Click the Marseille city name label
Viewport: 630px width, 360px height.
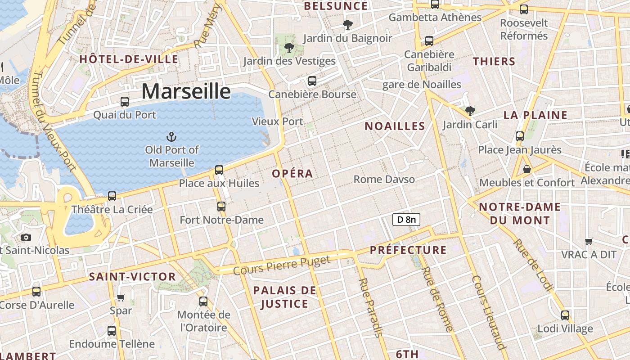pos(186,91)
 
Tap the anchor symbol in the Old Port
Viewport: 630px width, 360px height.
pos(171,136)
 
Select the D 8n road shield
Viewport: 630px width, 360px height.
pos(406,220)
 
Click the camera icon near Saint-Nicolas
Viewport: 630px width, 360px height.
pos(26,237)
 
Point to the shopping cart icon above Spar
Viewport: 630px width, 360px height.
pos(121,297)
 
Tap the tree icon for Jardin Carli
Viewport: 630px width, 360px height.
pos(470,110)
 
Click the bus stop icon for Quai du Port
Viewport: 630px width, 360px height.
pos(125,102)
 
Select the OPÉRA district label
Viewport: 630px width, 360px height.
pos(292,174)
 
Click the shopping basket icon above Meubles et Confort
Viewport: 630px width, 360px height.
pos(526,169)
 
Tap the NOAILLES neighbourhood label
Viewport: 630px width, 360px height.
pos(395,126)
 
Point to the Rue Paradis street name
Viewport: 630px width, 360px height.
pos(370,307)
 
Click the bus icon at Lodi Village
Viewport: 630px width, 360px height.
pos(565,315)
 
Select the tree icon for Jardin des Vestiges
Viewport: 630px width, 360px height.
pos(289,47)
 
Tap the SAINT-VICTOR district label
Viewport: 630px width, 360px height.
pos(132,277)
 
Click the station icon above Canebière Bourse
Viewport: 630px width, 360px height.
pos(312,81)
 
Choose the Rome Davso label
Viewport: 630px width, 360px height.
pos(384,179)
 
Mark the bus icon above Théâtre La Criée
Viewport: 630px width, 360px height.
pos(112,196)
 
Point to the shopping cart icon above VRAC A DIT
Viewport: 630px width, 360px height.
pos(589,241)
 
